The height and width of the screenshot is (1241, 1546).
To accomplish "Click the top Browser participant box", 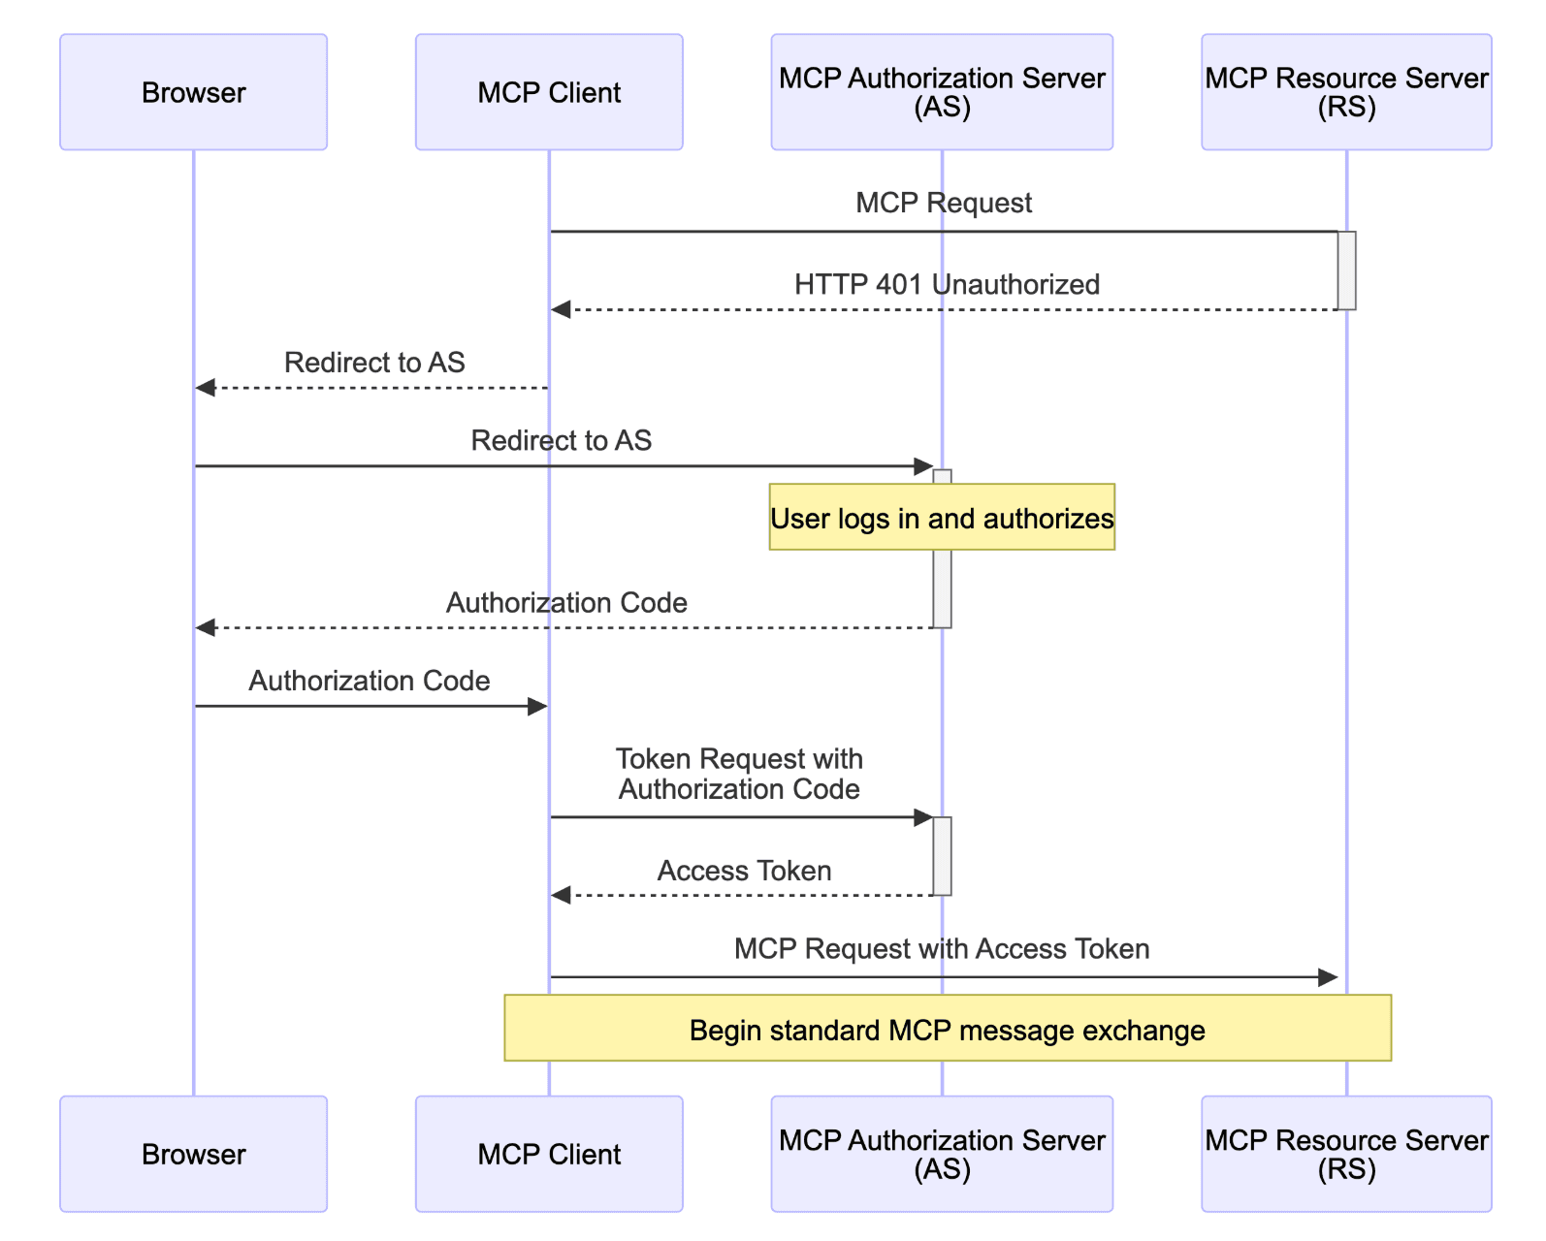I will point(193,92).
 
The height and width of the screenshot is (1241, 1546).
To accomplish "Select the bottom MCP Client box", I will point(549,1154).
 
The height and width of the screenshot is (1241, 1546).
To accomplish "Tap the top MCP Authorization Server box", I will point(942,92).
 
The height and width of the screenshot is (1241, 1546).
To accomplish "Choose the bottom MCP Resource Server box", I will point(1346,1154).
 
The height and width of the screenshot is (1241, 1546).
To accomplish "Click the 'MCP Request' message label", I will point(943,203).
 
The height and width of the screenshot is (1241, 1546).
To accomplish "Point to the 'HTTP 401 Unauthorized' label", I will point(947,284).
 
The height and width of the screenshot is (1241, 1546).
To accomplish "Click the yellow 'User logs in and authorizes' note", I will point(942,518).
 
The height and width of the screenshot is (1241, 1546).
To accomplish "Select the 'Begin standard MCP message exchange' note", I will point(947,1029).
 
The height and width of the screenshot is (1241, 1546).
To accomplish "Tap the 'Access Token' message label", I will point(744,871).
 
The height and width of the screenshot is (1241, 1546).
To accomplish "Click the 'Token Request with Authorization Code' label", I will point(739,774).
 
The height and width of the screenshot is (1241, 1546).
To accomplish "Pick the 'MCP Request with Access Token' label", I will point(941,948).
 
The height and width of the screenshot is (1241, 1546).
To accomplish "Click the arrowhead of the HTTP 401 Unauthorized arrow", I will point(561,309).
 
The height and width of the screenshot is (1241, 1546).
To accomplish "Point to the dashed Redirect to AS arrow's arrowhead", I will point(205,388).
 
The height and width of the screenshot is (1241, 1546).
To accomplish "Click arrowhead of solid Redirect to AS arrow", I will point(923,466).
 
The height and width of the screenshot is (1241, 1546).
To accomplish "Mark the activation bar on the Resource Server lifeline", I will point(1346,270).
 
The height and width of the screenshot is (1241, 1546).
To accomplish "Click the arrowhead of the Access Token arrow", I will point(561,895).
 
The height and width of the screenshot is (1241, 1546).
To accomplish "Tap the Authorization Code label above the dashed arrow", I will point(566,602).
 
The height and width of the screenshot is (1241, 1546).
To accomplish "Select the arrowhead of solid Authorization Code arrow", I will point(537,706).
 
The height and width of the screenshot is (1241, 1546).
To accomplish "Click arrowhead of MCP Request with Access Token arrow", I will point(1328,977).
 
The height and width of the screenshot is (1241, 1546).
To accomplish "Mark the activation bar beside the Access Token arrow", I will point(942,856).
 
